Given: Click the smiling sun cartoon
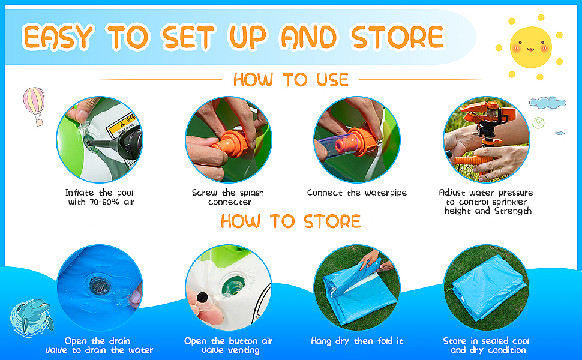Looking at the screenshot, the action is click(x=530, y=47).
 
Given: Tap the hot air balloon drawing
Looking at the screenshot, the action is click(x=34, y=106).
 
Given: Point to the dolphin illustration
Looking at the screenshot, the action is click(x=32, y=317).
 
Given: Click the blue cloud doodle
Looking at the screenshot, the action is click(x=547, y=103).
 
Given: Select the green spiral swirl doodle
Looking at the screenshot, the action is click(x=538, y=122).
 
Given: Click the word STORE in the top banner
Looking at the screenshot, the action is click(x=397, y=37).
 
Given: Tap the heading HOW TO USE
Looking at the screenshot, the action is click(x=291, y=80).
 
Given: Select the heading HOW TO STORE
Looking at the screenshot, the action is click(x=290, y=221).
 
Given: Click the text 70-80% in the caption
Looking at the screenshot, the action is click(x=104, y=202).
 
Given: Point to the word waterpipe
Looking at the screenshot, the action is click(x=386, y=193).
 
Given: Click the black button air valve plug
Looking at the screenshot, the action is click(x=202, y=297).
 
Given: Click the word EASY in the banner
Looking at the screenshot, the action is click(x=58, y=37).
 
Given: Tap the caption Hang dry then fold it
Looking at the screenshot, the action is click(x=357, y=341).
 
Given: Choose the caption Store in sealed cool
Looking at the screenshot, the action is click(x=486, y=341).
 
